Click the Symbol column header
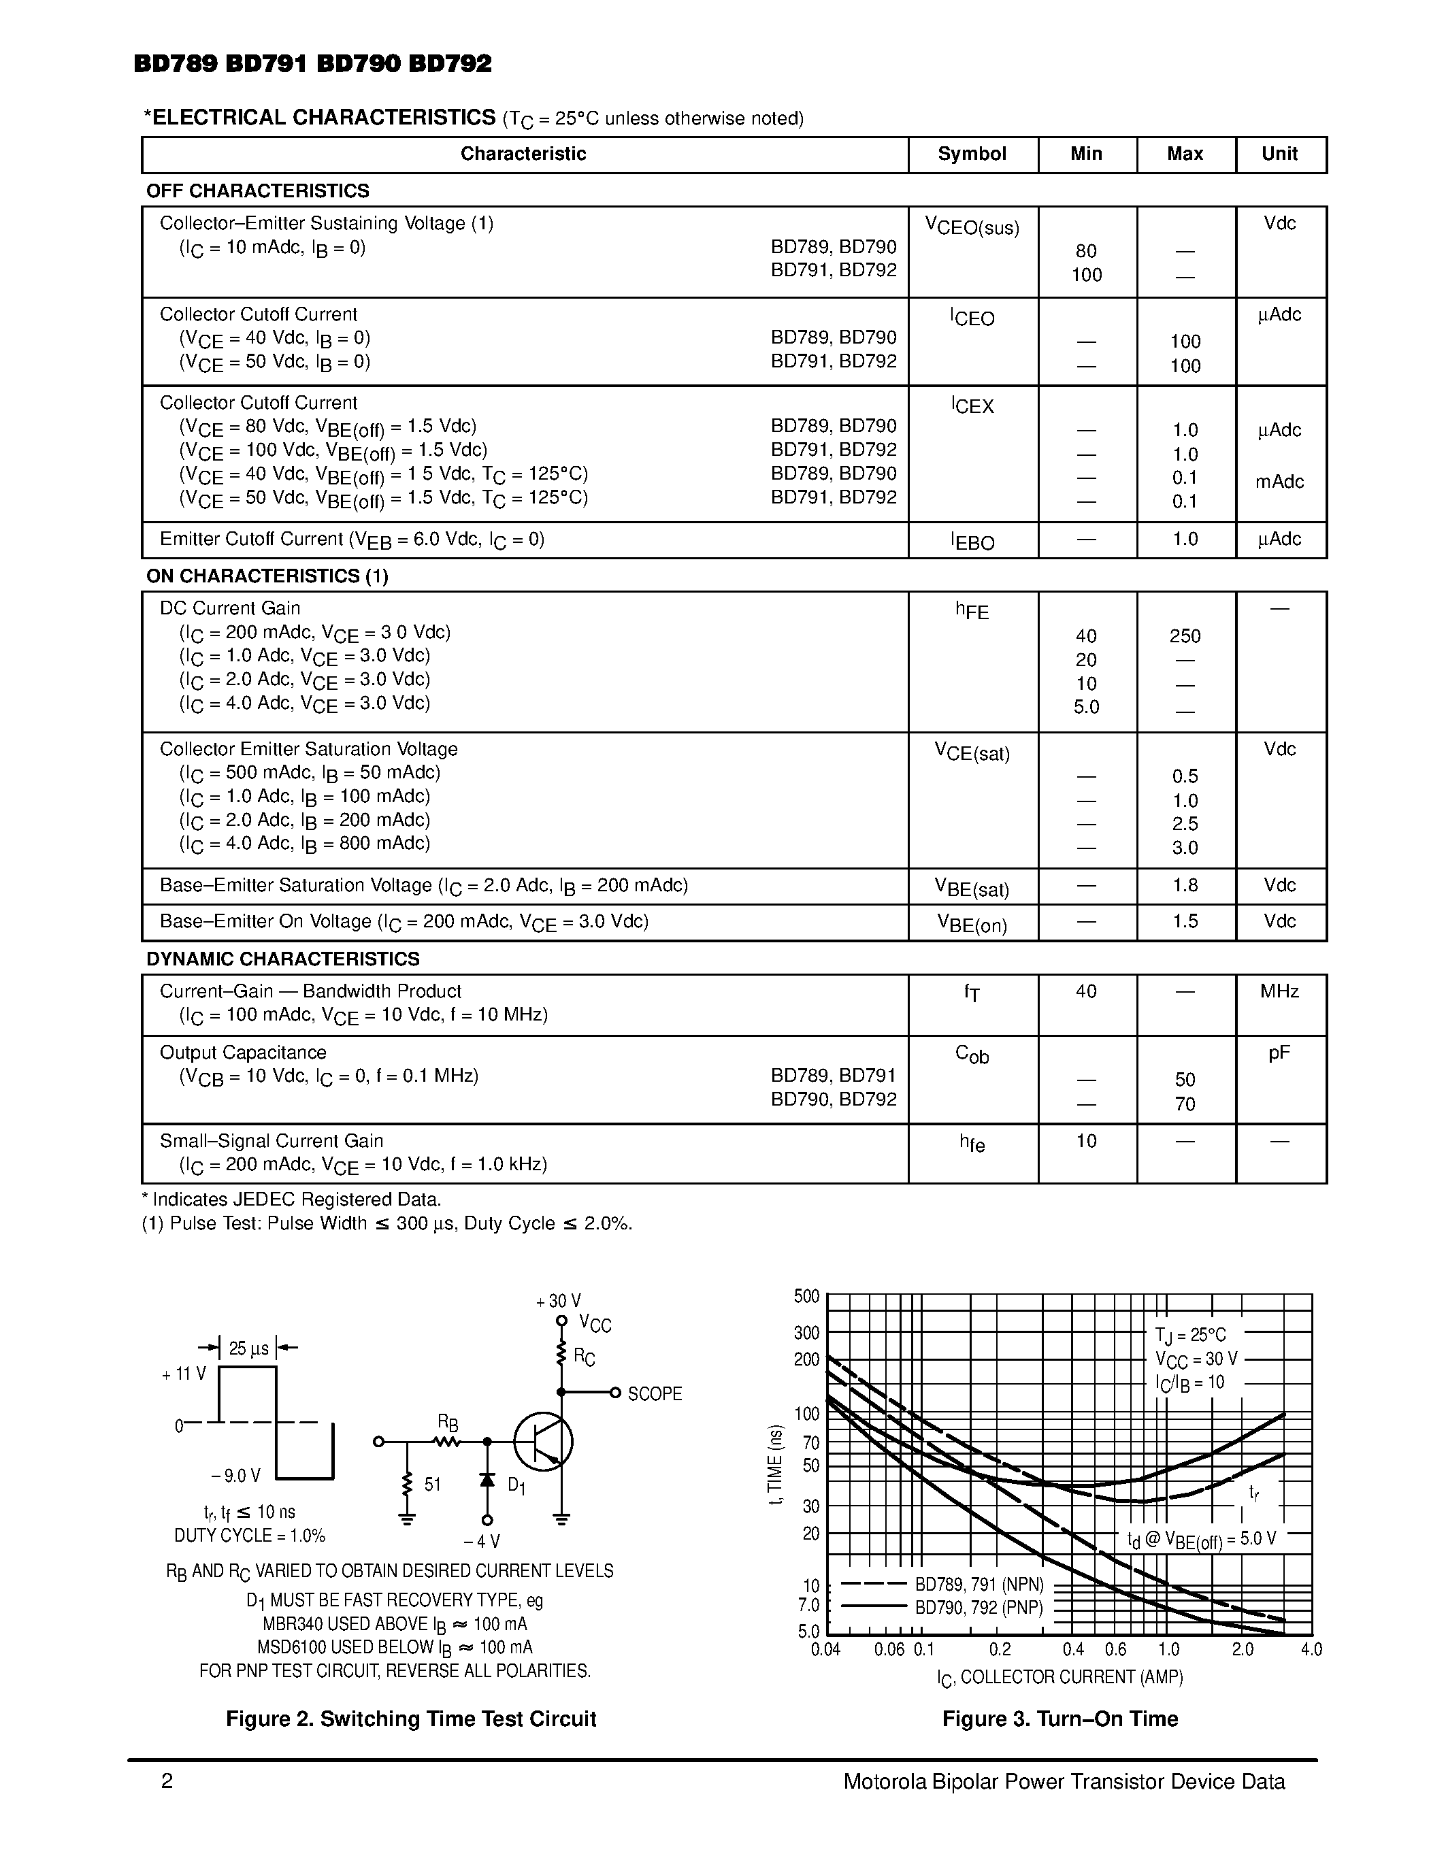point(972,154)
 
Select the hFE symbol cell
point(972,611)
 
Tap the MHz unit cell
point(1279,991)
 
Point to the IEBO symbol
point(972,542)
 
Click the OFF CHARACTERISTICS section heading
point(258,191)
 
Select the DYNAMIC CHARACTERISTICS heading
point(282,959)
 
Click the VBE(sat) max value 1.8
point(1185,885)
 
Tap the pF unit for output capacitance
point(1279,1053)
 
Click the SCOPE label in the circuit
point(655,1394)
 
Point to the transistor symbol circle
point(543,1442)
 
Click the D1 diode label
point(516,1485)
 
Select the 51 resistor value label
point(433,1484)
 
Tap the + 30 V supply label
point(559,1302)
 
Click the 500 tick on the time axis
point(806,1296)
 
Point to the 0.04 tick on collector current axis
point(826,1649)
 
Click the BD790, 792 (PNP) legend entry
point(979,1607)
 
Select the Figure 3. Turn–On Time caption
point(1059,1719)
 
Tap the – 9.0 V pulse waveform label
point(235,1475)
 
